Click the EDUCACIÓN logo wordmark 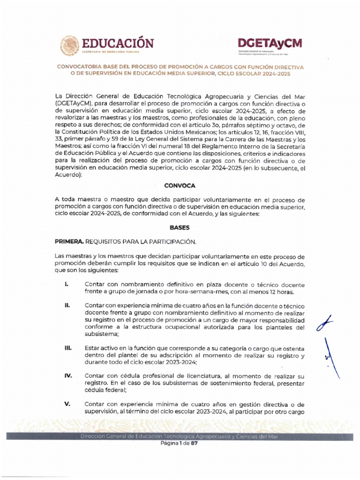[118, 44]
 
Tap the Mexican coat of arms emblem [69, 46]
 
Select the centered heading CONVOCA [180, 186]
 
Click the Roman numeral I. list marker [67, 285]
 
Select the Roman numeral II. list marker [67, 305]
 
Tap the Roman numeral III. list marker [68, 349]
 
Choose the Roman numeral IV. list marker [68, 376]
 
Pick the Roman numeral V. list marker [67, 404]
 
